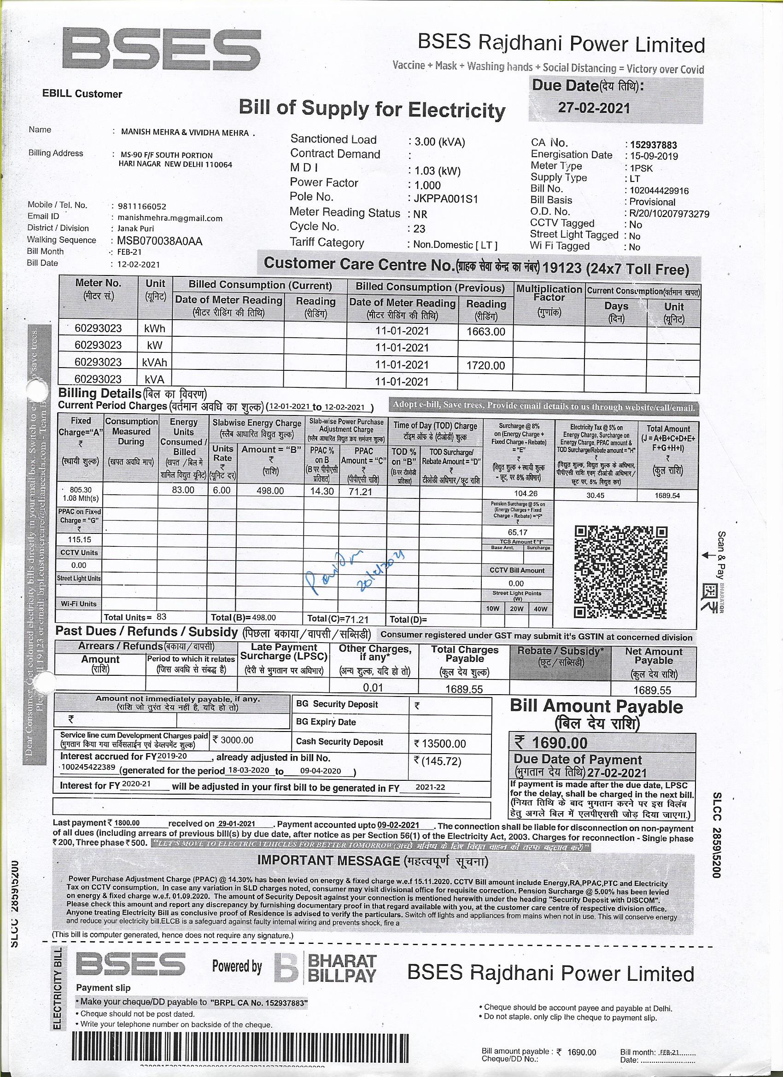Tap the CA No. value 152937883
[650, 145]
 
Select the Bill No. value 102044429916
[656, 190]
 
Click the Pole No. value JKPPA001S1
[443, 199]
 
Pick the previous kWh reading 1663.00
[486, 332]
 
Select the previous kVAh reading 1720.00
[486, 365]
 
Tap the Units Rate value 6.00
[222, 490]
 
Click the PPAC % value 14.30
[322, 491]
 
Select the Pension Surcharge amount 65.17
[517, 533]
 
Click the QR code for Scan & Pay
[621, 571]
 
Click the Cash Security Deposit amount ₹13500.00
[440, 743]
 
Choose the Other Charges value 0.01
[373, 687]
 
